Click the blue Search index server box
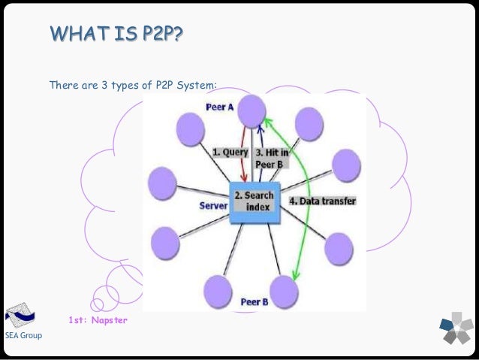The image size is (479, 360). pos(255,201)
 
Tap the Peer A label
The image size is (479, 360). pos(219,107)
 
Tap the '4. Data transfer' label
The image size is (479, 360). pos(323,201)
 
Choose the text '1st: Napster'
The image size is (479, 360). pos(98,321)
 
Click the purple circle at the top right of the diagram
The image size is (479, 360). pos(308,121)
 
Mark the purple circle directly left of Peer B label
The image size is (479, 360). pos(217,287)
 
